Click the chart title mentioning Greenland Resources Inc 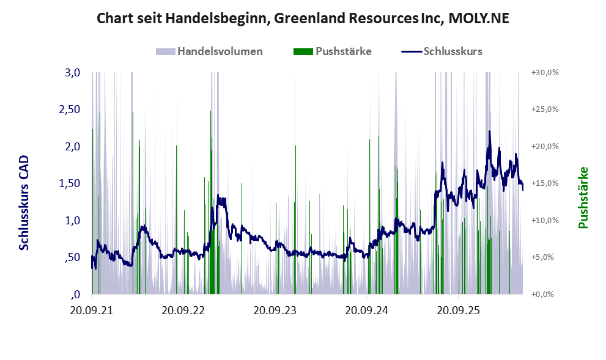(x=303, y=18)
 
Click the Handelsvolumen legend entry (x=209, y=51)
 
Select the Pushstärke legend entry (x=333, y=51)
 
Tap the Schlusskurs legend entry (x=442, y=51)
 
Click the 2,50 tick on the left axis (x=70, y=109)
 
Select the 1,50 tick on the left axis (x=70, y=183)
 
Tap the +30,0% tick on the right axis (x=545, y=72)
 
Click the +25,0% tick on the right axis (x=545, y=109)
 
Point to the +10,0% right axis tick (x=545, y=220)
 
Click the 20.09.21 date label (x=92, y=310)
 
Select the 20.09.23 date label (x=275, y=310)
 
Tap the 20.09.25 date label (x=458, y=310)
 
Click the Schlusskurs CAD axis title (x=24, y=202)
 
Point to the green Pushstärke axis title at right (x=583, y=197)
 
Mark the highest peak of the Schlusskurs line (x=490, y=131)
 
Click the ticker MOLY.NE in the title (x=479, y=18)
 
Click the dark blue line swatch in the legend (x=411, y=52)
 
